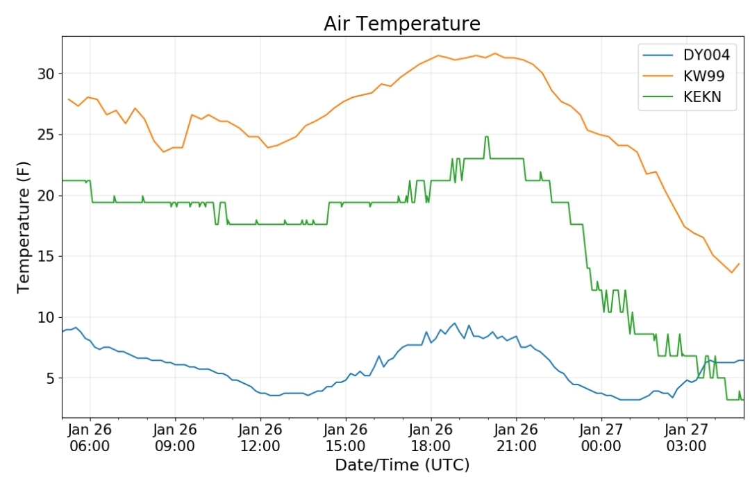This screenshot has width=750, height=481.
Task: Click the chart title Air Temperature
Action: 402,24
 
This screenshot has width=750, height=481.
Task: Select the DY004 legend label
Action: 706,55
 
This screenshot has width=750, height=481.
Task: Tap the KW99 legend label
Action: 704,76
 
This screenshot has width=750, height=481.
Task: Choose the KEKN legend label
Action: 702,97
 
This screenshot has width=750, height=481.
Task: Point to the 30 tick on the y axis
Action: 47,74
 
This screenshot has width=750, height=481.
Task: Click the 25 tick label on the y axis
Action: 47,135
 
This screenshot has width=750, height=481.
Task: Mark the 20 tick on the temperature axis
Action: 47,196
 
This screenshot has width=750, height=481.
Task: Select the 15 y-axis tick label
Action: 47,257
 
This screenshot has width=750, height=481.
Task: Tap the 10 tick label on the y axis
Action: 47,317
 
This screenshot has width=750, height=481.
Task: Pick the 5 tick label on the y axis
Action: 51,379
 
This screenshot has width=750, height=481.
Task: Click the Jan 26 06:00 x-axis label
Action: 90,437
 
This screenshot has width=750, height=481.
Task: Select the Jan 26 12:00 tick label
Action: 260,437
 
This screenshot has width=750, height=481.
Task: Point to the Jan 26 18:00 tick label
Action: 431,437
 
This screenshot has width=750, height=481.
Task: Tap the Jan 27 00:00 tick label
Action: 601,437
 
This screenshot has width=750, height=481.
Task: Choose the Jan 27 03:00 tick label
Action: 686,437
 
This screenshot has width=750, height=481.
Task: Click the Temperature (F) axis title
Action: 24,227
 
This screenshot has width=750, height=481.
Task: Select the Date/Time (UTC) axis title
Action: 402,465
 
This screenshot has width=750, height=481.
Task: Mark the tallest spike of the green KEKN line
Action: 487,137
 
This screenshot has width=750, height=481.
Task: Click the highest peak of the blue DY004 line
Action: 454,323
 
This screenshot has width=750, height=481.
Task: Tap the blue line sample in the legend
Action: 658,56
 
